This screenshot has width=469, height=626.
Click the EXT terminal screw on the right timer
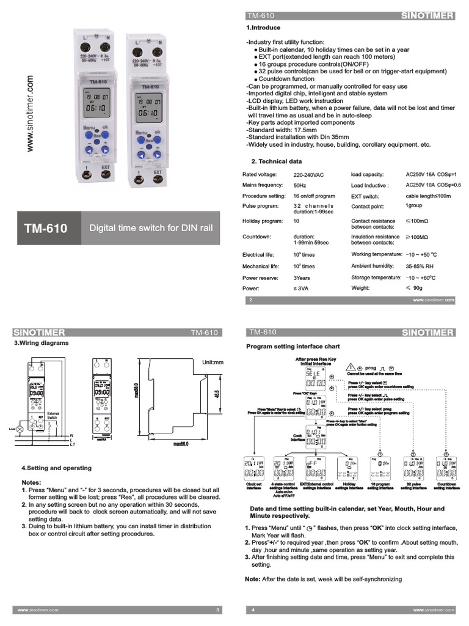(x=158, y=180)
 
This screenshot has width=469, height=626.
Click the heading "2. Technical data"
(x=277, y=161)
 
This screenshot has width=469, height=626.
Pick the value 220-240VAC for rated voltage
(x=308, y=175)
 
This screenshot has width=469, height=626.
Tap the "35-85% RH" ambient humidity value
(x=420, y=267)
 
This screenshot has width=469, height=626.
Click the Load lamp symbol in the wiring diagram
(x=19, y=429)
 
